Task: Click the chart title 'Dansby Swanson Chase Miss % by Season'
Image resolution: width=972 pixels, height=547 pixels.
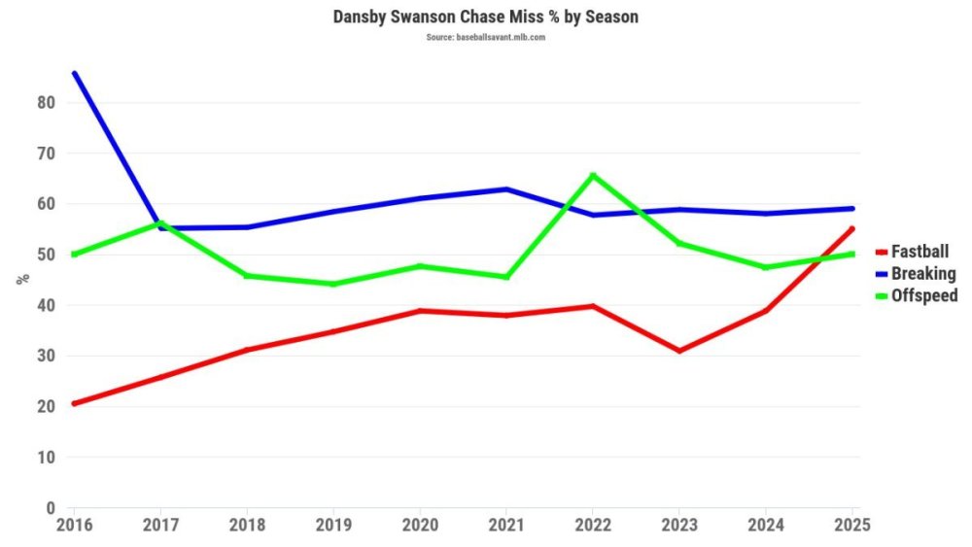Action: (x=486, y=17)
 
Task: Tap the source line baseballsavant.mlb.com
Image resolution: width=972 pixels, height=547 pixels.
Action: (x=486, y=37)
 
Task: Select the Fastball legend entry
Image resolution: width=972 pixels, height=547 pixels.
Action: (x=920, y=252)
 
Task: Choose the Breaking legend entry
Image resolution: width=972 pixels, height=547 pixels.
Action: (x=923, y=274)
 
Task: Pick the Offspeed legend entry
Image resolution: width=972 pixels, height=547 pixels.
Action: (x=924, y=295)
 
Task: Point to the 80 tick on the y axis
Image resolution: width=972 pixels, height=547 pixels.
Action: (x=47, y=103)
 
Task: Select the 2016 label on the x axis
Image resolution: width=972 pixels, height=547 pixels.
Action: (x=74, y=525)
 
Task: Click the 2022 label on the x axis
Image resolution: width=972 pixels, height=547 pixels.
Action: (x=593, y=525)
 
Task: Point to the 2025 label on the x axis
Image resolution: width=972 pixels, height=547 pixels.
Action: (x=851, y=525)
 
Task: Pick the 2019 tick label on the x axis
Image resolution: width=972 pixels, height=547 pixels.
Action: (x=333, y=525)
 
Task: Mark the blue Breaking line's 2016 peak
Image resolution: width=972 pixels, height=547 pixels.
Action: (x=74, y=73)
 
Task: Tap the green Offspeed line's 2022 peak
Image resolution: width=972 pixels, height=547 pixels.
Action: (x=593, y=175)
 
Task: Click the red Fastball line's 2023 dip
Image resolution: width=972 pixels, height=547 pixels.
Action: (x=679, y=351)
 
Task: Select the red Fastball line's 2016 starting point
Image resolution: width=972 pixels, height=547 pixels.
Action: (x=74, y=403)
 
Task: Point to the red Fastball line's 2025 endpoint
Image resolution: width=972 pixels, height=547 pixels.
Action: (x=852, y=228)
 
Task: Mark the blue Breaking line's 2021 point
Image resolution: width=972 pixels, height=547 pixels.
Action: (x=506, y=188)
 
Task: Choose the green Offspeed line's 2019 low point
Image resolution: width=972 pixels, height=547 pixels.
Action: (x=333, y=284)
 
